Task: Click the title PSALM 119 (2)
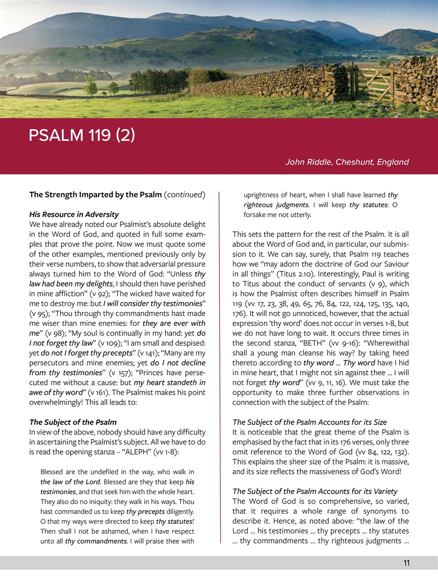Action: (82, 135)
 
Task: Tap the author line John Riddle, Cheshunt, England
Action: (347, 162)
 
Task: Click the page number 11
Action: (407, 563)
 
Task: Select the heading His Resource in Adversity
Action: (74, 214)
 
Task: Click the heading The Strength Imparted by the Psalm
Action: (95, 194)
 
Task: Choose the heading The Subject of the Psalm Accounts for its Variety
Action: (315, 491)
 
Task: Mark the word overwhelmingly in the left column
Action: (56, 403)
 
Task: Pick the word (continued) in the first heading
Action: (184, 194)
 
